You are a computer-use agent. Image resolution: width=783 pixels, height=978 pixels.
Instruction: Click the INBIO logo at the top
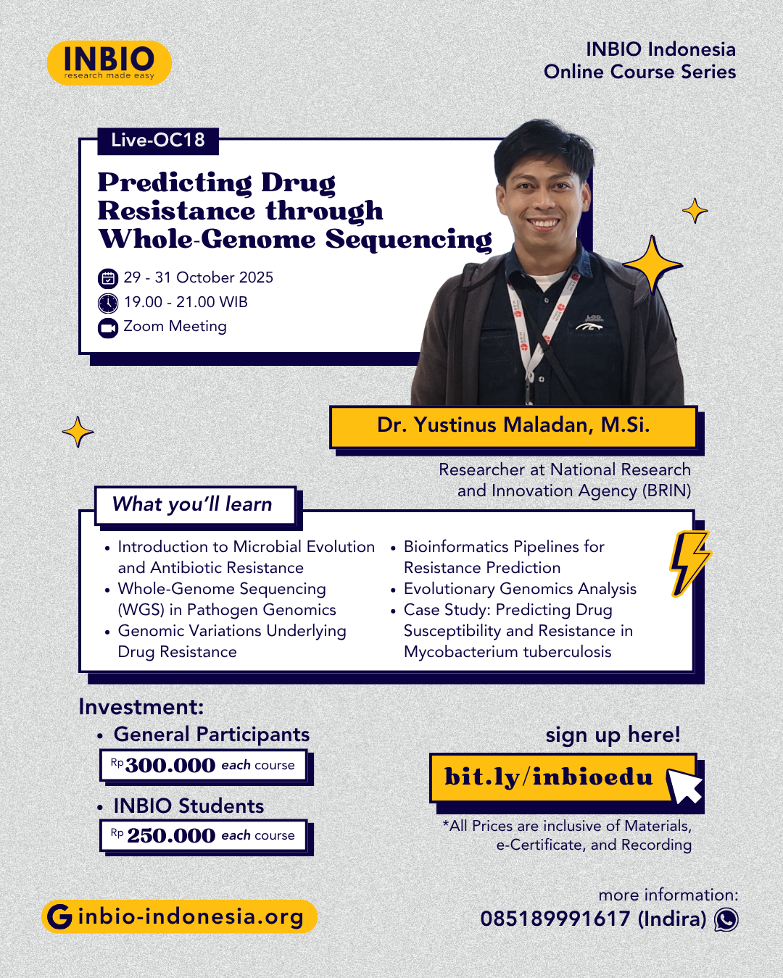pos(109,62)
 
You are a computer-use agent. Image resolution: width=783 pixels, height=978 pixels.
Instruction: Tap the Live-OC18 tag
pos(158,140)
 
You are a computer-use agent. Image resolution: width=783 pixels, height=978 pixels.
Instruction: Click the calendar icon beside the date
pos(107,278)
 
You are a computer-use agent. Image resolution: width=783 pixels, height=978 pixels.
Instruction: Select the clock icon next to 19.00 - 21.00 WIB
pos(107,303)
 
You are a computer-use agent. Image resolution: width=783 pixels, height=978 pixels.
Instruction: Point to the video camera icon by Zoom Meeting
pos(107,327)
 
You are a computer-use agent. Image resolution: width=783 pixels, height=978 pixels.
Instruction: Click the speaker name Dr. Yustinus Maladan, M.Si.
pos(513,425)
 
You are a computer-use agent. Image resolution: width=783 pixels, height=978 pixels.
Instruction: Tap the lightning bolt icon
pos(688,564)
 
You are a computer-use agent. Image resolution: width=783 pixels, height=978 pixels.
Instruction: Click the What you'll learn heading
pos(192,504)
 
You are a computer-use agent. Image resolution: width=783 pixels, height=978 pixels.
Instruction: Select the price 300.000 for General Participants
pos(170,766)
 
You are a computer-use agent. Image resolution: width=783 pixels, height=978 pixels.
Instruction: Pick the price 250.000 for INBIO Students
pos(171,836)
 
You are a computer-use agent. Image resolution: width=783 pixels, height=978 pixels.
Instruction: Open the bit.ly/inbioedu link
pos(548,777)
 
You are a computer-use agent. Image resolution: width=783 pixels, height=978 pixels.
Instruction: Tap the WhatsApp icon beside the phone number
pos(726,919)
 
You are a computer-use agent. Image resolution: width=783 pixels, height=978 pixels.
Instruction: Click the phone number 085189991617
pos(555,919)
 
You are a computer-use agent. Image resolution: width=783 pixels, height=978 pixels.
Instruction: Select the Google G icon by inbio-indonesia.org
pos(59,917)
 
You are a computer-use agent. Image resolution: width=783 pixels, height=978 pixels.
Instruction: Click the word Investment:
pos(141,707)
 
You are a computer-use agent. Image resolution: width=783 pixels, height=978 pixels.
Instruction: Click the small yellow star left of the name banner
pos(78,432)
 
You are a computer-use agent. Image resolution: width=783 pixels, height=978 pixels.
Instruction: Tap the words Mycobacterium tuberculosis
pos(507,652)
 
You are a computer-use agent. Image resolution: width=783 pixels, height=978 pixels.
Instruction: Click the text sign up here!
pos(613,735)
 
